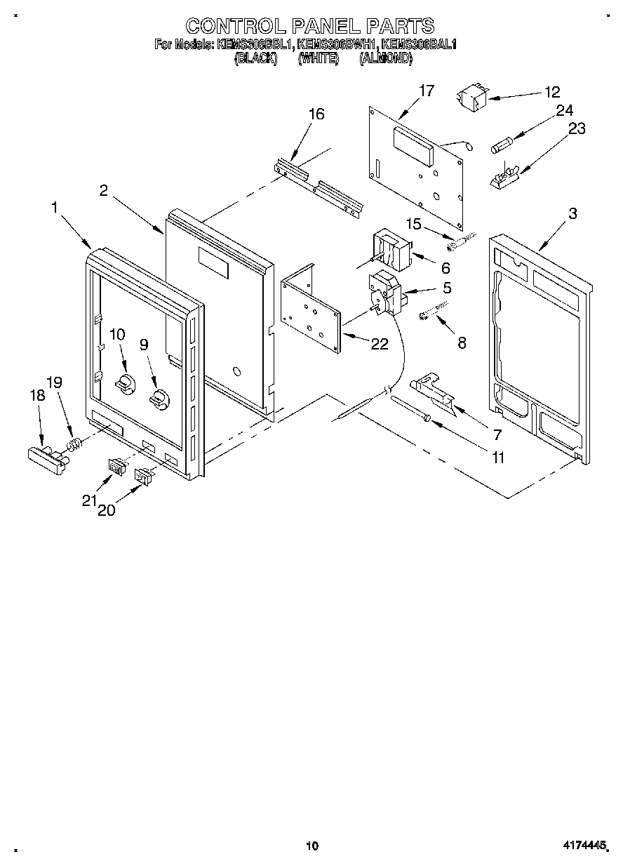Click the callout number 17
[x=426, y=91]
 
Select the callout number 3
[x=572, y=214]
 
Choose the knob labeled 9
[x=159, y=397]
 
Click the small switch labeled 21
[x=116, y=465]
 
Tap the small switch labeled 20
[x=145, y=477]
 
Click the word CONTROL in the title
[x=230, y=27]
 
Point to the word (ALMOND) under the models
[x=385, y=60]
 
